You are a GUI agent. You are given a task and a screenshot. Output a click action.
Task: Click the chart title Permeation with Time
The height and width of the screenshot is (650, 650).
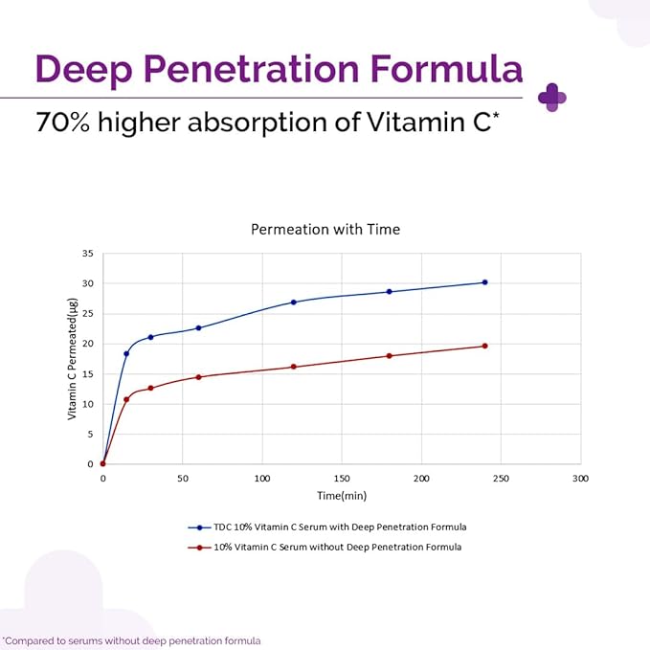325,230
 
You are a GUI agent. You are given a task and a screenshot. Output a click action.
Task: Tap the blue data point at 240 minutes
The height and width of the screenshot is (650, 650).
484,282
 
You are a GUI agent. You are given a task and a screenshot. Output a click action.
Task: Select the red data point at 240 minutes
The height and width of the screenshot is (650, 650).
484,346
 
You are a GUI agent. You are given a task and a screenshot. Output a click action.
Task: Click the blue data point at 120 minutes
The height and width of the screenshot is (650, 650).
294,303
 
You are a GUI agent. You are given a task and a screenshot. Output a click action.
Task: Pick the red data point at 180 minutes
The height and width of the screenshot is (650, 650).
389,356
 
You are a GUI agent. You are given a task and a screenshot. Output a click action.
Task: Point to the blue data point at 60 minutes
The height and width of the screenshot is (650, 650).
198,328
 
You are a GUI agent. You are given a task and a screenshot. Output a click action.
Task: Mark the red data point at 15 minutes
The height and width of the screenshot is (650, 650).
126,399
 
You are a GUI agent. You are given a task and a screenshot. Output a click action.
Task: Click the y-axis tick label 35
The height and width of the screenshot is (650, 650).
87,254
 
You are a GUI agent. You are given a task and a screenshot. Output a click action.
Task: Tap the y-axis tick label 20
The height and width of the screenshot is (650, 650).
87,344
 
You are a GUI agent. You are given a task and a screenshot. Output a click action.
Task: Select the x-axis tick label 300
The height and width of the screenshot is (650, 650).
579,478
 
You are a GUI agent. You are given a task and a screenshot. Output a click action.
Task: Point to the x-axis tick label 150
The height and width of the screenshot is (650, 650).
341,478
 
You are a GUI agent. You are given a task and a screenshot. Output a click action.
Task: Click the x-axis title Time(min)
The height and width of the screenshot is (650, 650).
342,496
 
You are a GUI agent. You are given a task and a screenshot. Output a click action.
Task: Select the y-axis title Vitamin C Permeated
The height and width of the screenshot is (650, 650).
72,359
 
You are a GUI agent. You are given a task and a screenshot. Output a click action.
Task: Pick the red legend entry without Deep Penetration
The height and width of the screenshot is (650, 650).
325,547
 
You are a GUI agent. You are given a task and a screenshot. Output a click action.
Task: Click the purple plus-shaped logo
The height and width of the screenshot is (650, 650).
552,97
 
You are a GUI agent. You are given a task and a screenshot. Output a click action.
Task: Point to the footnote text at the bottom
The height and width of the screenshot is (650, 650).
131,640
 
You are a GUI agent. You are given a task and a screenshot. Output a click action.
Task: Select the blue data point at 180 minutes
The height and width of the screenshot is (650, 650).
389,292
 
